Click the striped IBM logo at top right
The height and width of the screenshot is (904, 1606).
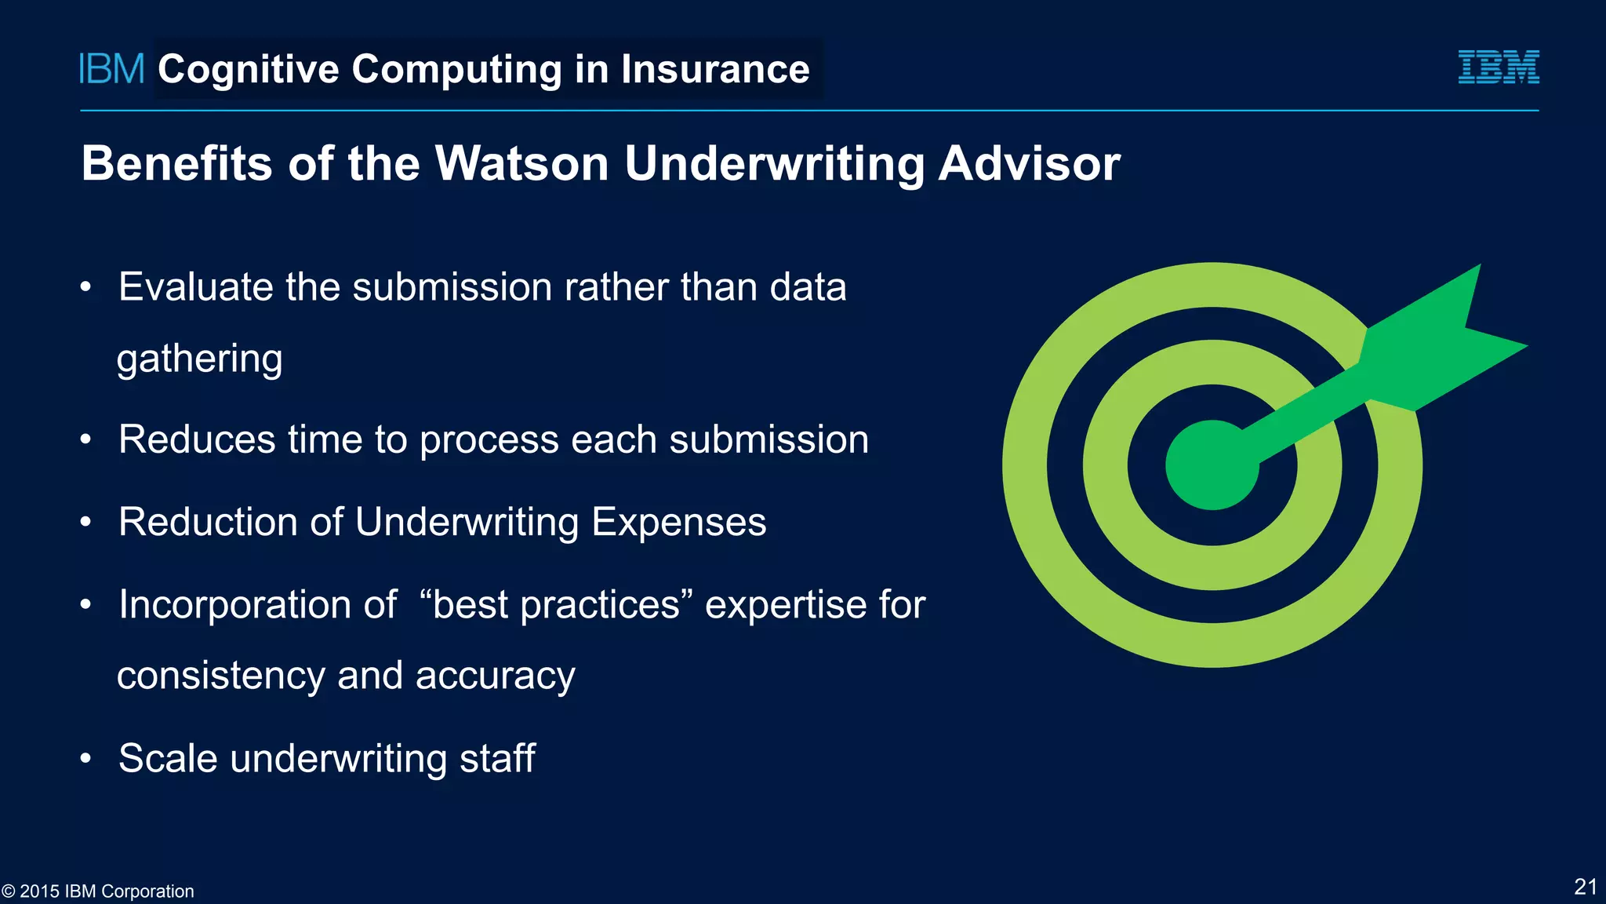pyautogui.click(x=1498, y=67)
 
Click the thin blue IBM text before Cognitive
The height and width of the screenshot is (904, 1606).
pyautogui.click(x=111, y=69)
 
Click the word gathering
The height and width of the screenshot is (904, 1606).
pyautogui.click(x=199, y=359)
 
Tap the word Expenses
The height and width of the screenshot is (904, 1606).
pyautogui.click(x=678, y=523)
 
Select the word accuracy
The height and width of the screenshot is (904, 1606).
pyautogui.click(x=495, y=676)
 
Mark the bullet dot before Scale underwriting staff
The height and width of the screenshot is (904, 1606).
pyautogui.click(x=86, y=759)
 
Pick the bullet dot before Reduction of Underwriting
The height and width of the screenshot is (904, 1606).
pyautogui.click(x=86, y=522)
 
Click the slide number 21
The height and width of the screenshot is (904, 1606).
pyautogui.click(x=1585, y=887)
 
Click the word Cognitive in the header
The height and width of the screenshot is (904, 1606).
pyautogui.click(x=249, y=69)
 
